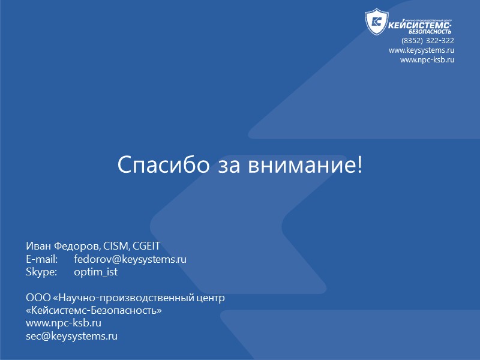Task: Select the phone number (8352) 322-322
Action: pyautogui.click(x=428, y=41)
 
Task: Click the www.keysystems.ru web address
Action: pyautogui.click(x=421, y=50)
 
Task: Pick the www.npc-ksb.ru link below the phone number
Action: pyautogui.click(x=427, y=60)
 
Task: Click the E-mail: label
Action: pyautogui.click(x=41, y=259)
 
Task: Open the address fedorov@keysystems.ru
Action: pyautogui.click(x=130, y=259)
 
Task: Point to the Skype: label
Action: pyautogui.click(x=41, y=272)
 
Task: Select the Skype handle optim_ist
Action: pyautogui.click(x=95, y=272)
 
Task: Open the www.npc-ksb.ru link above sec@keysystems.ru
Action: pyautogui.click(x=63, y=323)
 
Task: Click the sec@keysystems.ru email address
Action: pyautogui.click(x=71, y=336)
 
